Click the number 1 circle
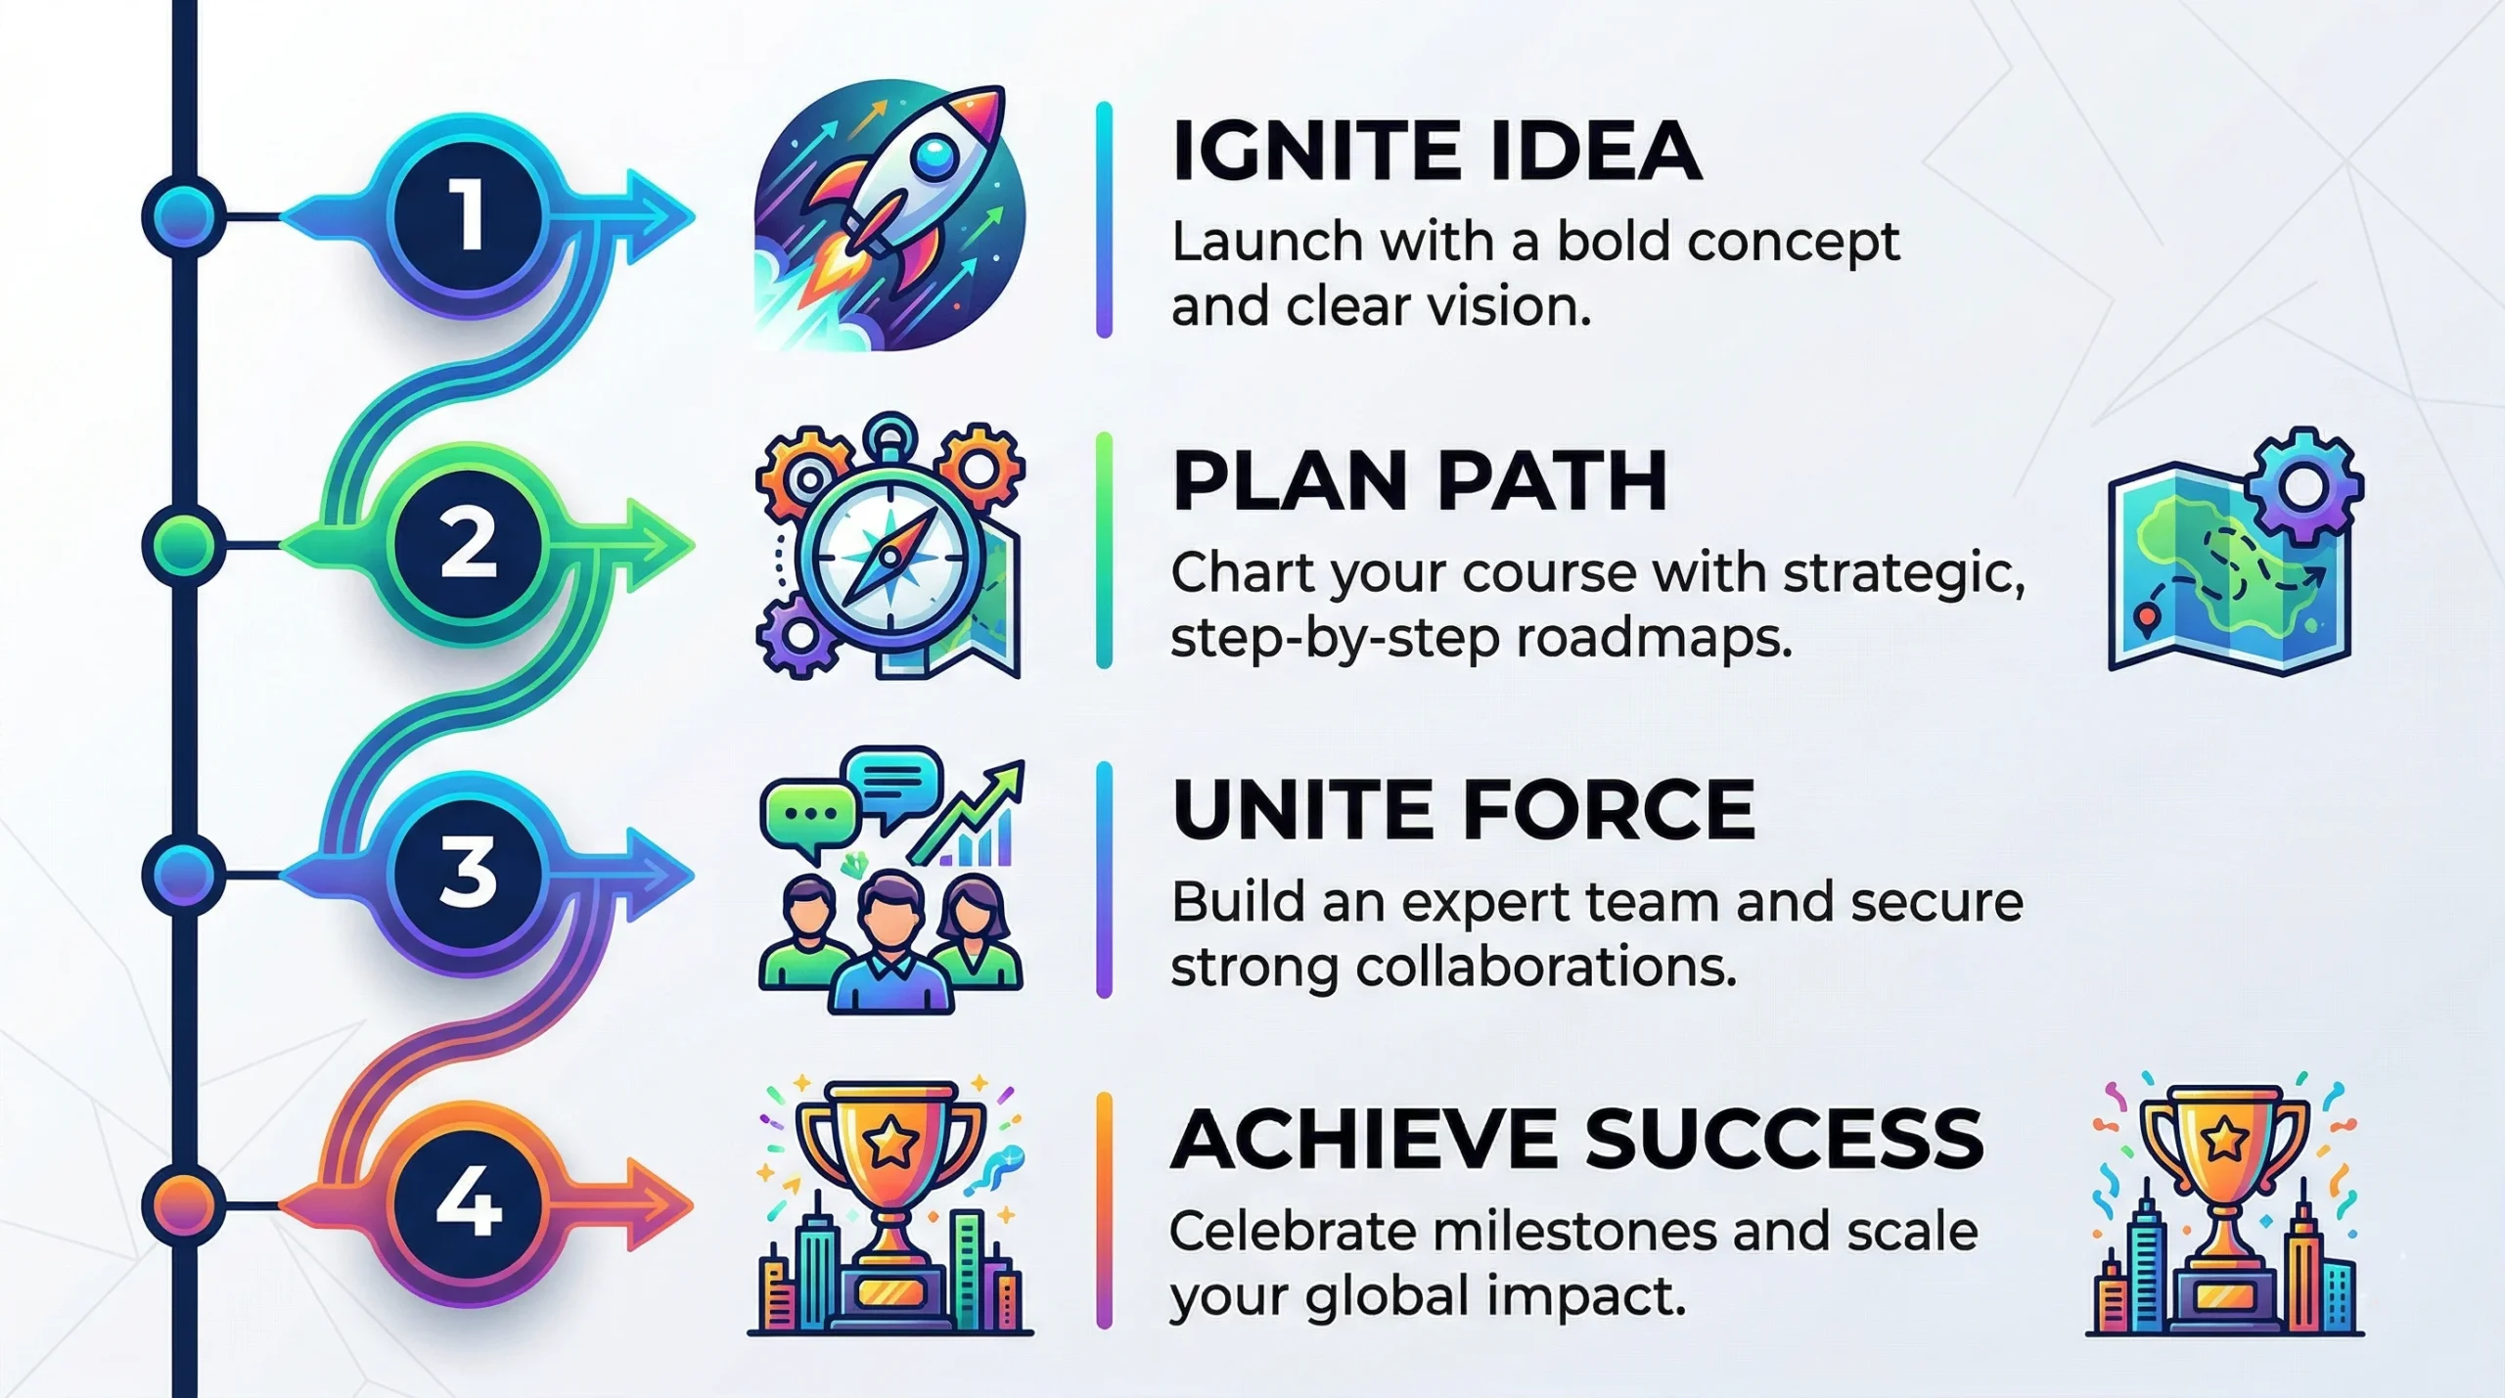pos(469,214)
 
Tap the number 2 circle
pos(469,544)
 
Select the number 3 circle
pos(469,874)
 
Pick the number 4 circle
pos(469,1203)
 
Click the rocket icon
pos(890,215)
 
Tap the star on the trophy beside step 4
pos(888,1141)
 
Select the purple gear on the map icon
pos(2303,484)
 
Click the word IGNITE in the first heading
pos(1311,151)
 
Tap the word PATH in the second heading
pos(1551,480)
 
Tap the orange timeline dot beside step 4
pos(183,1202)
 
